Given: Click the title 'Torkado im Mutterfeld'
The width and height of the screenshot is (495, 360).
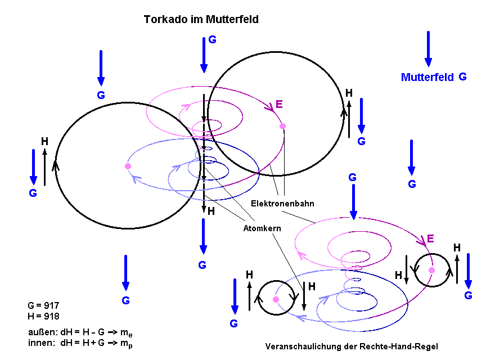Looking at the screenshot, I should coord(201,20).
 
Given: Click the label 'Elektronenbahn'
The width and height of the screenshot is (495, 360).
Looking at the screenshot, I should coord(282,203).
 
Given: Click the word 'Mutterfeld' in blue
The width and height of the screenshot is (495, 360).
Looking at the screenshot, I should coord(427,78).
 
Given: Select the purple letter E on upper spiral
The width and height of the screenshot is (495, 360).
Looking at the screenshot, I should coord(279,104).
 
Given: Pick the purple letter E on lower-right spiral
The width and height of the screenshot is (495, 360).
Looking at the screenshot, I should coord(430,238).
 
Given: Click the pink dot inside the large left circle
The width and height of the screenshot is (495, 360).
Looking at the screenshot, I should coord(128,166).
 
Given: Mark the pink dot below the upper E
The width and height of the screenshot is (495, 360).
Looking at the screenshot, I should coord(282,126).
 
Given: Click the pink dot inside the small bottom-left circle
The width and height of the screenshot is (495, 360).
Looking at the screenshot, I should coord(276,299).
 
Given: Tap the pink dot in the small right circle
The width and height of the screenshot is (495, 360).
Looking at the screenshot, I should coord(431,271).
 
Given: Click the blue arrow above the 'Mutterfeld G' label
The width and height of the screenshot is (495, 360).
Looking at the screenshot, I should coord(428,49).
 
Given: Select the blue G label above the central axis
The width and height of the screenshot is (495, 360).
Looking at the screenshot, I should coord(212,39).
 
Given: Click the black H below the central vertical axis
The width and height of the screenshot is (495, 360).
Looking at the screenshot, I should coord(211,211).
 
